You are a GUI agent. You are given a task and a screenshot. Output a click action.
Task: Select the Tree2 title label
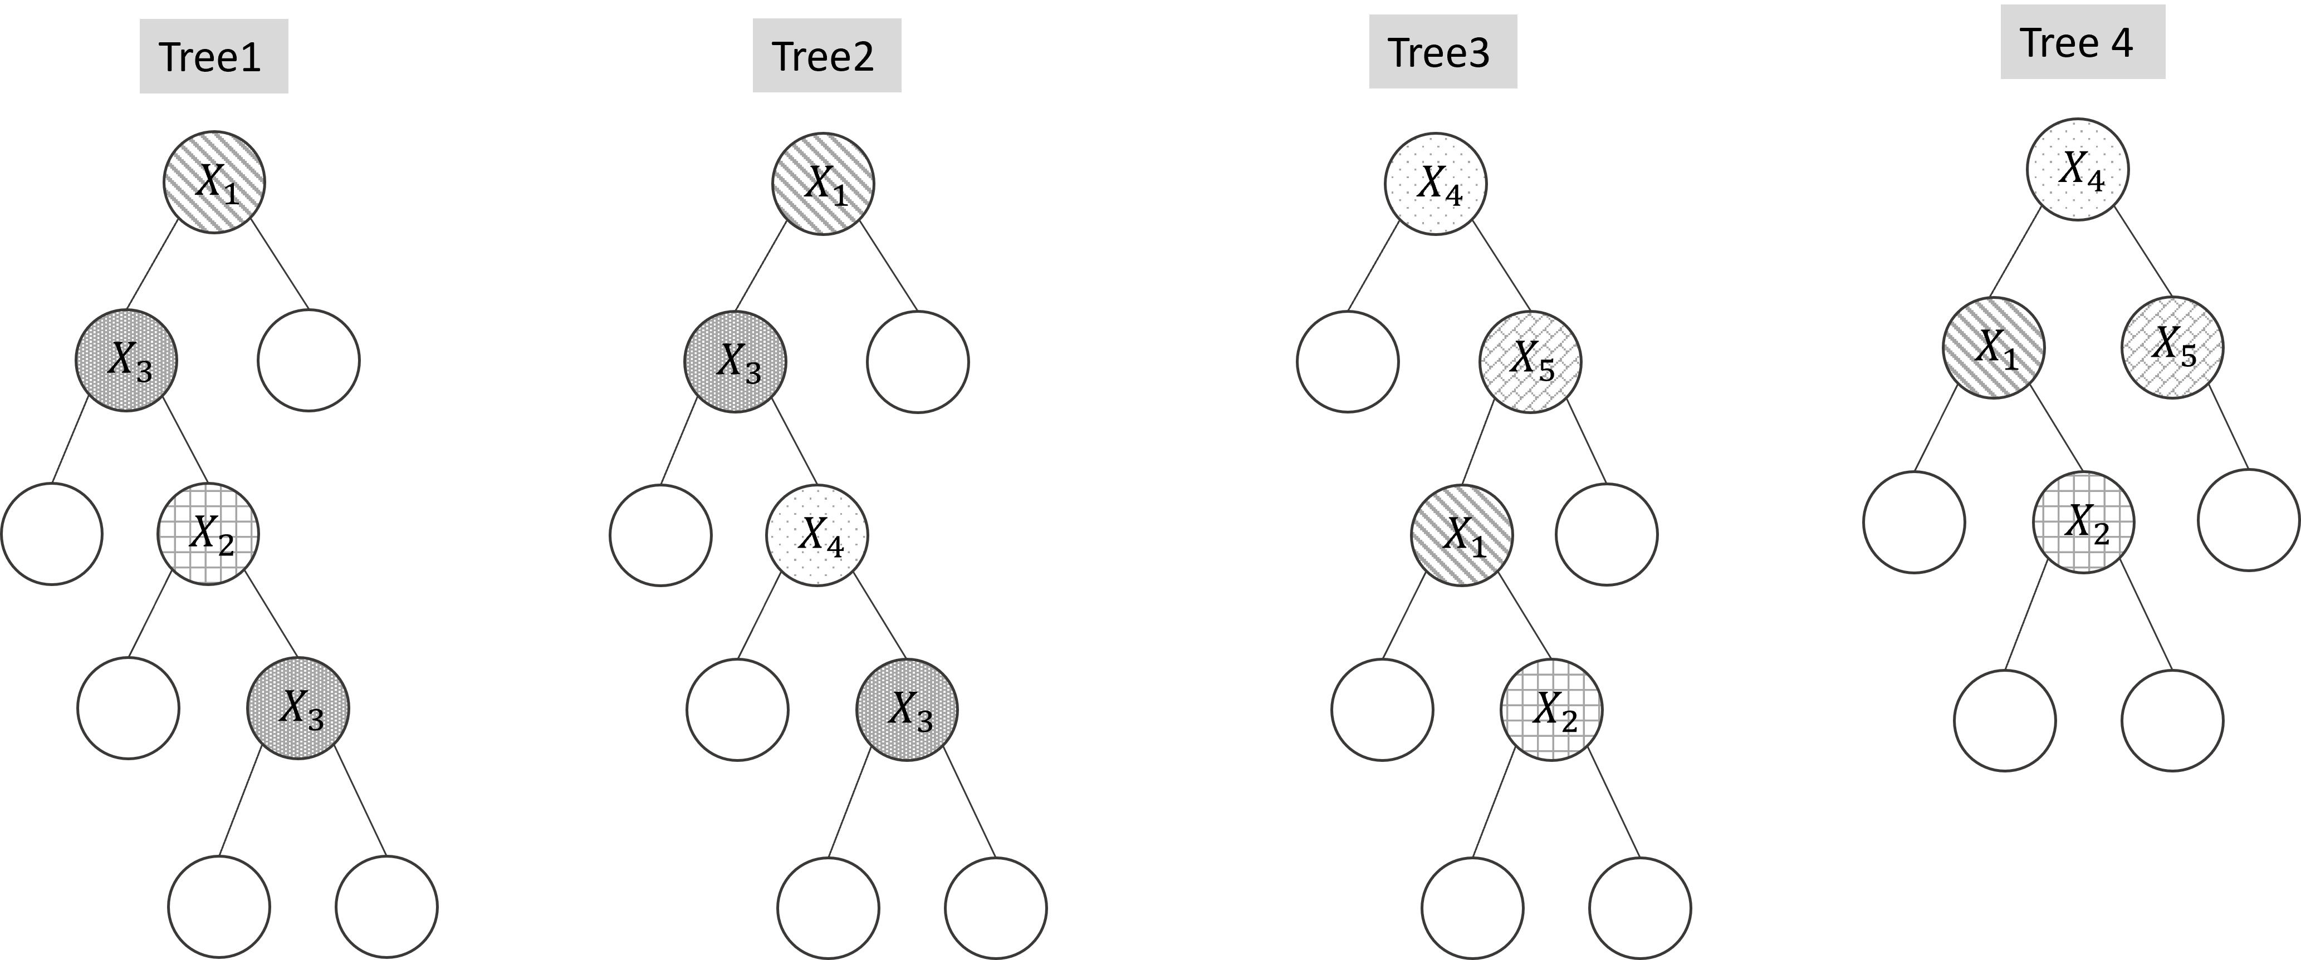(x=826, y=56)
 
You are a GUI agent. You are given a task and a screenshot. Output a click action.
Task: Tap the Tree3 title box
(x=1443, y=52)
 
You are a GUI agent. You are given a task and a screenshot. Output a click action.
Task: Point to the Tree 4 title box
(x=2082, y=42)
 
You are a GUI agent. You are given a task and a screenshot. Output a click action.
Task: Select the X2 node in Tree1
(x=208, y=534)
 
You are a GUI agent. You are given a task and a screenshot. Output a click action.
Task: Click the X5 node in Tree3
(x=1530, y=361)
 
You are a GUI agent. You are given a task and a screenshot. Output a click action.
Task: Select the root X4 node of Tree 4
(x=2078, y=169)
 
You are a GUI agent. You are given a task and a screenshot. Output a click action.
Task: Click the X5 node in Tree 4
(x=2172, y=347)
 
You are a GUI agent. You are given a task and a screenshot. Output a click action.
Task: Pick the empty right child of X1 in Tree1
(x=308, y=360)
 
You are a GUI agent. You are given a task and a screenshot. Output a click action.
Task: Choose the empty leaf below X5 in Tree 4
(x=2248, y=520)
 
